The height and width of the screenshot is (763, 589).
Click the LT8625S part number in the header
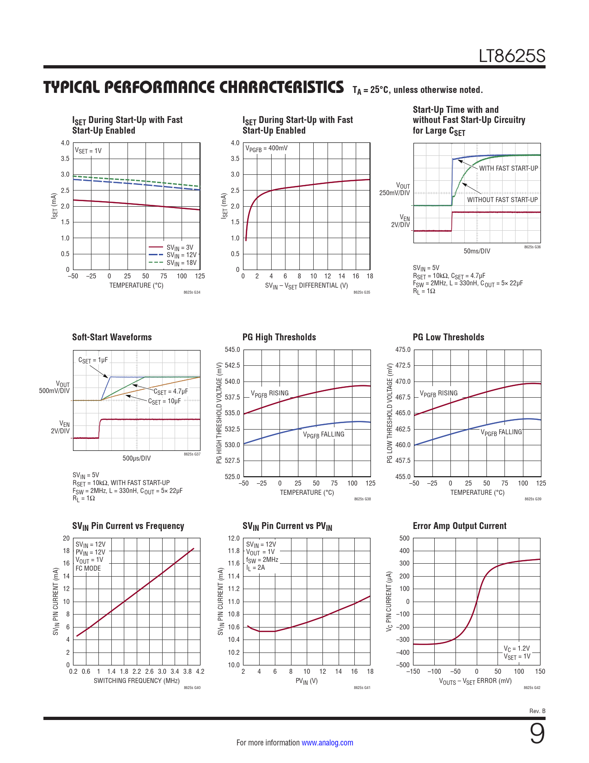511,56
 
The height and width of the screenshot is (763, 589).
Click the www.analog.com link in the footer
327,743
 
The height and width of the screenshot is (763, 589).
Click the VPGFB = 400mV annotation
267,148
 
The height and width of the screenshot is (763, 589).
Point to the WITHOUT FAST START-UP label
502,200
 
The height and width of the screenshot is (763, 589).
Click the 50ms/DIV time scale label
477,251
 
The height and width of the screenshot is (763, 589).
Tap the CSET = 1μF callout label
93,360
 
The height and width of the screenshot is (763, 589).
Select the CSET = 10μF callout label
164,401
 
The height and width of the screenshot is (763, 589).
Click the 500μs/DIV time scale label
136,458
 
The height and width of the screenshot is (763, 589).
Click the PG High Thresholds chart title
279,337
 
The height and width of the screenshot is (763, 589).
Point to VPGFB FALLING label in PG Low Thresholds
501,432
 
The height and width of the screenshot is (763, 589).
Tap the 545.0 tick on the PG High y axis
232,350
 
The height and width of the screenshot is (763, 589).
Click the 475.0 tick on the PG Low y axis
403,350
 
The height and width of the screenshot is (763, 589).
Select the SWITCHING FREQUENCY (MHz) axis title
136,681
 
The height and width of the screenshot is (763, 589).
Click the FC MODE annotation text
88,568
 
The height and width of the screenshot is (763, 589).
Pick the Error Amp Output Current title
459,526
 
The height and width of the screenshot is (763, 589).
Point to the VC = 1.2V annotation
516,648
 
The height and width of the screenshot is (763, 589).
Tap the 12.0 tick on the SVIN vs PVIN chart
234,538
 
